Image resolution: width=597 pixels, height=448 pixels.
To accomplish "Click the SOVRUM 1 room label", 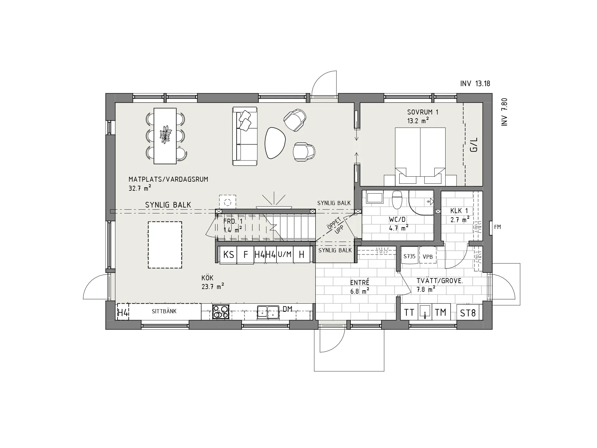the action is click(423, 112).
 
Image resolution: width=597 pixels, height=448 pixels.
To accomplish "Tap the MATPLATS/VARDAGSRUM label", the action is click(168, 180).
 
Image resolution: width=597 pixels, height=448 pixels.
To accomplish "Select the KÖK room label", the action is click(207, 278).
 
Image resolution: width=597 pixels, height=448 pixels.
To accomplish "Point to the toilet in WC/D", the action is click(397, 200).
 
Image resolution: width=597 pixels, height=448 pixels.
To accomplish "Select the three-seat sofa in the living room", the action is click(245, 136).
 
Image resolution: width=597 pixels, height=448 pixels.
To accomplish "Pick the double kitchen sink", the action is click(268, 312).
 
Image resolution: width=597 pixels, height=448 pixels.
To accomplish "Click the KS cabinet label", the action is click(229, 255).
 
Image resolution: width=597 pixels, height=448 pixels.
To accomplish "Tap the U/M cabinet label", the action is click(285, 254).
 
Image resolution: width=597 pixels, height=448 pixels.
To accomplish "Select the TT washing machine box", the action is click(409, 312).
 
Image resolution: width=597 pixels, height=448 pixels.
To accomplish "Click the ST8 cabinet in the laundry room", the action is click(468, 312).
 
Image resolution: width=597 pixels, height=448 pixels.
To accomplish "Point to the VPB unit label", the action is click(428, 257).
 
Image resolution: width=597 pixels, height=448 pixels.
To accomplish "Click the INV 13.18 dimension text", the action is click(475, 83).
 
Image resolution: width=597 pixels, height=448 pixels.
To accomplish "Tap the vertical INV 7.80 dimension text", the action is click(504, 112).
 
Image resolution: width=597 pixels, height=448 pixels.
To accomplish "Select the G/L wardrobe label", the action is click(474, 145).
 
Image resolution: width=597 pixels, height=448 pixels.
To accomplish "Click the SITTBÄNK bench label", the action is click(164, 311).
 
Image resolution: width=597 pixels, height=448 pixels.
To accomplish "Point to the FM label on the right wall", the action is click(497, 227).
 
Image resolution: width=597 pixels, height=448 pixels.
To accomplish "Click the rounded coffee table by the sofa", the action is click(275, 143).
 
